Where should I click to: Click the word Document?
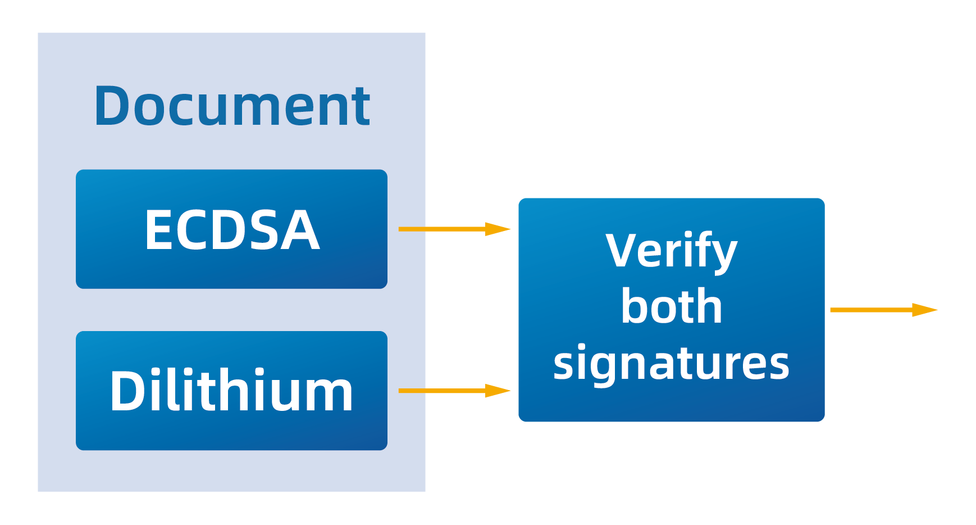coord(231,106)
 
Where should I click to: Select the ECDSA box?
coord(231,229)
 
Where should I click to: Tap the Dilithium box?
coord(231,391)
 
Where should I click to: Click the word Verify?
coord(671,251)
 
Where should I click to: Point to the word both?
coord(671,307)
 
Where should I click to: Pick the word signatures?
coord(671,363)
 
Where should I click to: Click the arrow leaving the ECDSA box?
coord(444,229)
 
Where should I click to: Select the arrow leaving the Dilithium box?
coord(444,391)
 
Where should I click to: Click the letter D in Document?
coord(111,106)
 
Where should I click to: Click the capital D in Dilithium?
coord(126,392)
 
